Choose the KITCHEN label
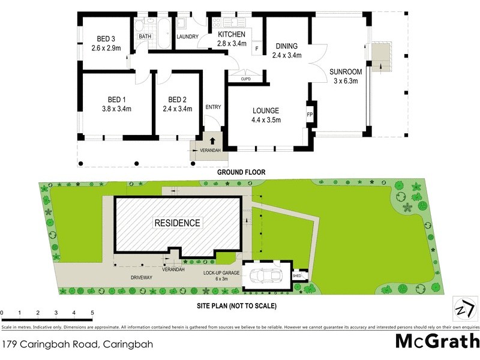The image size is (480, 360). [x=232, y=34]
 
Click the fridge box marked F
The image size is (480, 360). [x=257, y=48]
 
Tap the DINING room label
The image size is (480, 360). [x=287, y=46]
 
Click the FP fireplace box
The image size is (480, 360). [x=310, y=114]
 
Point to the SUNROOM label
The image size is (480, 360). [x=344, y=73]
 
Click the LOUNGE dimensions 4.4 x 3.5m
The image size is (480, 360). [x=265, y=119]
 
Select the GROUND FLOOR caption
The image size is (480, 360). [x=241, y=172]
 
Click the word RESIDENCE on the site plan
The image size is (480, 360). [x=178, y=223]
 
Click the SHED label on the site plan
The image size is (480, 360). [x=297, y=275]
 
